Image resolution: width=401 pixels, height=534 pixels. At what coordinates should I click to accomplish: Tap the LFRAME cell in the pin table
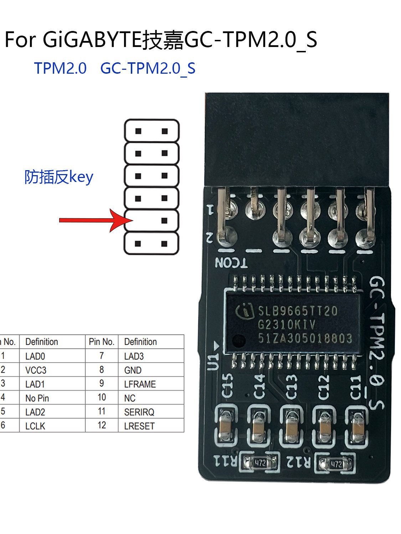coord(140,384)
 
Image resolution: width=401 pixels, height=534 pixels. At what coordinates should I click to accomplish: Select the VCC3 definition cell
coord(36,370)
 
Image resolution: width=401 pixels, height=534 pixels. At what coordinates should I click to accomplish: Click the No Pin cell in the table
coord(37,398)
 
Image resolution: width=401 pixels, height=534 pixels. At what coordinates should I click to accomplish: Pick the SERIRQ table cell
coord(139,412)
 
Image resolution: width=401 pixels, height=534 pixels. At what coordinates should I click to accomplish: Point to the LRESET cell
coord(139,426)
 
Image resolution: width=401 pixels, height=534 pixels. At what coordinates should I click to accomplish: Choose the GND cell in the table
coord(133,370)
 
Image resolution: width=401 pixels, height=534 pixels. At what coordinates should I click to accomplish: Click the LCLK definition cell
coord(35,426)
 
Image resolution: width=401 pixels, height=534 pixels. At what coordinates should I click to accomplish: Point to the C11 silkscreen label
coord(356,387)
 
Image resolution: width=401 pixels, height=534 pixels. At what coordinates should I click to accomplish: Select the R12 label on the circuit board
coord(299,462)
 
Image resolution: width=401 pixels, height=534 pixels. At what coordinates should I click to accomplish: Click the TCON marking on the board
coord(231,263)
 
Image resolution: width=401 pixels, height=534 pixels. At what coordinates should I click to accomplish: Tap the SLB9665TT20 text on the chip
coord(298,311)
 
